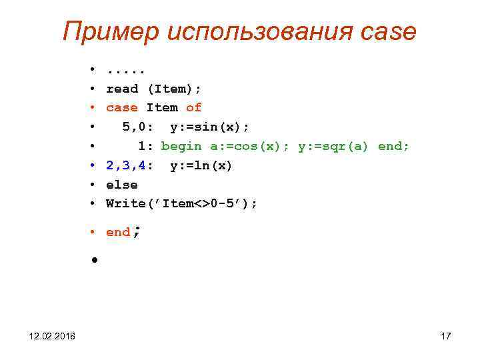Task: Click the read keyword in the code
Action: pyautogui.click(x=122, y=89)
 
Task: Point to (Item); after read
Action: pyautogui.click(x=174, y=89)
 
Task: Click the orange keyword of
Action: pyautogui.click(x=193, y=107)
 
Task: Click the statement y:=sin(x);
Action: pyautogui.click(x=209, y=127)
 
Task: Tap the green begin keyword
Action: pyautogui.click(x=181, y=146)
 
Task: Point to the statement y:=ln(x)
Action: pyautogui.click(x=201, y=165)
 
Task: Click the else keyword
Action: pyautogui.click(x=122, y=185)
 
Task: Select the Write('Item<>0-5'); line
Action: pyautogui.click(x=181, y=203)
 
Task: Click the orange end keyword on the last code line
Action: pyautogui.click(x=118, y=233)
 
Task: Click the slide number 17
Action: pyautogui.click(x=445, y=336)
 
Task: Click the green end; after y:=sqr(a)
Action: pyautogui.click(x=394, y=146)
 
